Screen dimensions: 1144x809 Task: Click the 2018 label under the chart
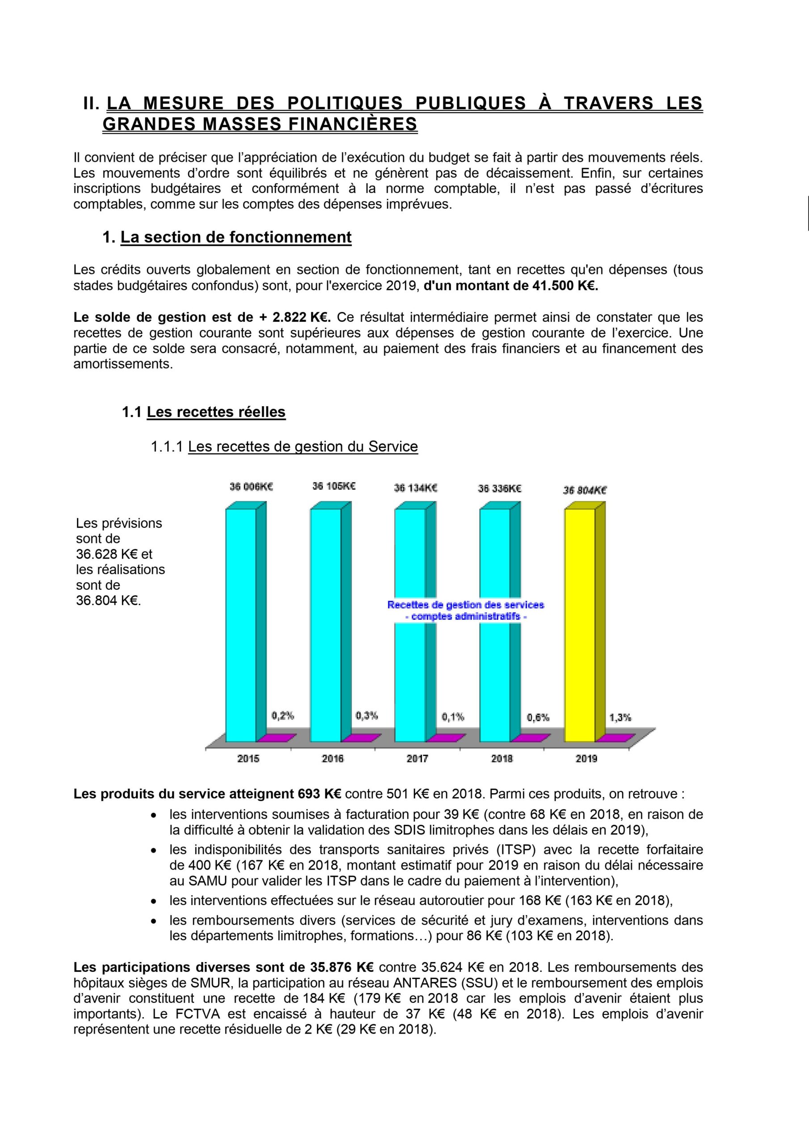(502, 759)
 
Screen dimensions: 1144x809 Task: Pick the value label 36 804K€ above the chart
(585, 490)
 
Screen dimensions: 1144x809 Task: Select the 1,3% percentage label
(620, 718)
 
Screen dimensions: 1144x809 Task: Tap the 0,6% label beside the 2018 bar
(538, 718)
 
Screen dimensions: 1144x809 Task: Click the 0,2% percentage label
(282, 715)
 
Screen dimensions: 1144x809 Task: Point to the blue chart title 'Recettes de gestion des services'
(466, 605)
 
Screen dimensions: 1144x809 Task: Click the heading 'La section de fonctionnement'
(236, 237)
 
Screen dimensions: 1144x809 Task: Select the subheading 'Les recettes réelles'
(216, 412)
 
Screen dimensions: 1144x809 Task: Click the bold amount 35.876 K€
(342, 967)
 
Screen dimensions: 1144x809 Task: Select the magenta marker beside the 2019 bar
(616, 738)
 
